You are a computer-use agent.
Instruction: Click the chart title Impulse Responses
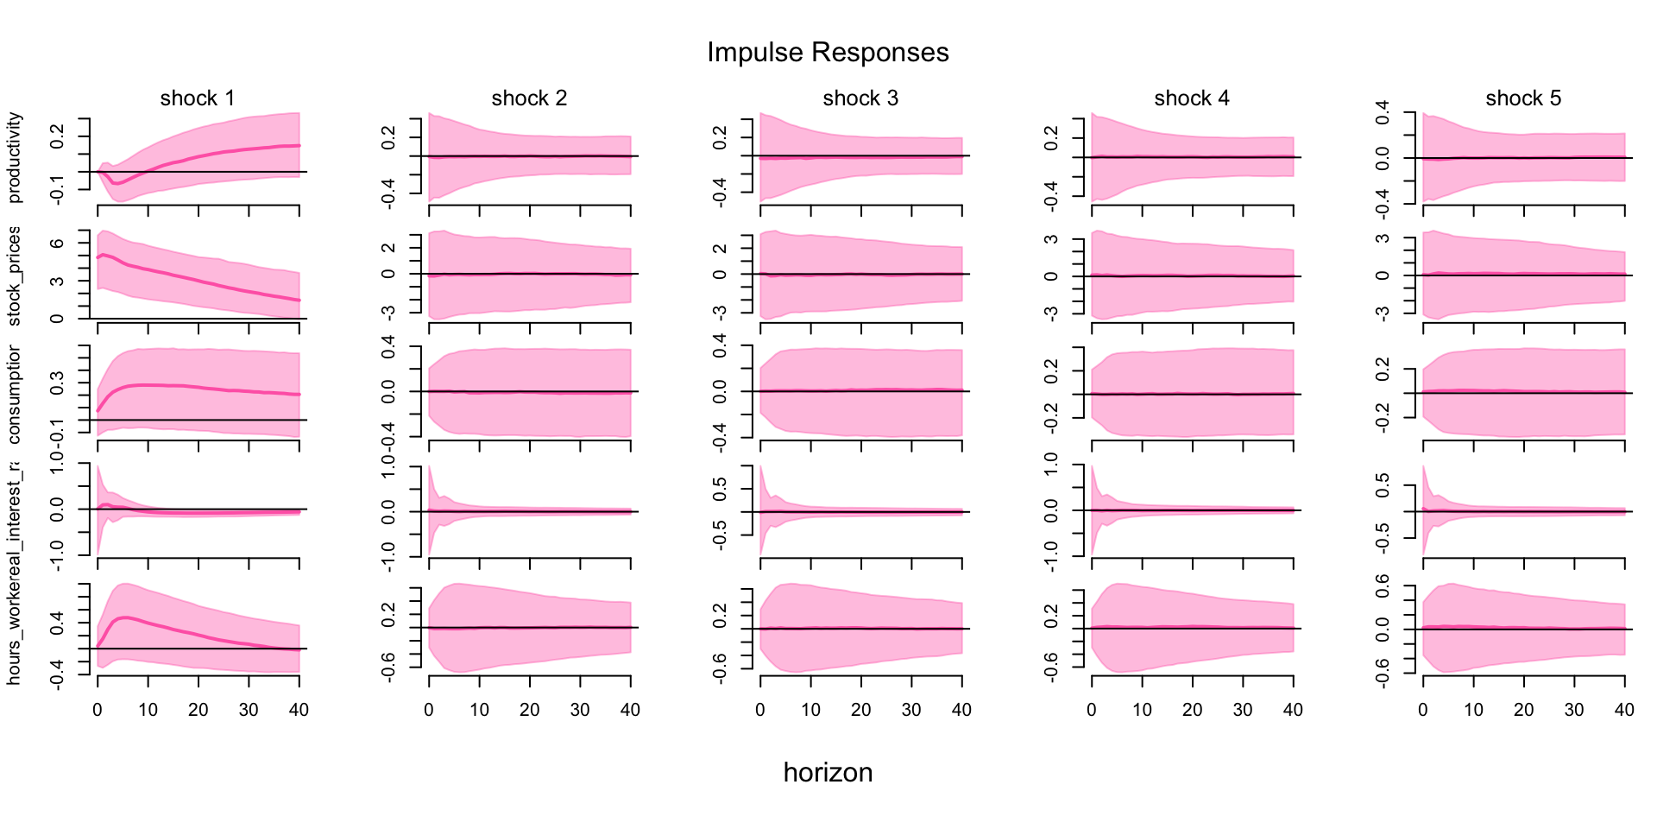tap(828, 53)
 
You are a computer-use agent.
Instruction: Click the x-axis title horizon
tap(828, 772)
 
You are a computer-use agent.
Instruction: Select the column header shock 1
tap(198, 98)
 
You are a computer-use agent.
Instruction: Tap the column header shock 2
tap(529, 98)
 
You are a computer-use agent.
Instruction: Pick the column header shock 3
tap(860, 98)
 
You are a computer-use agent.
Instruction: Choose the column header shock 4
tap(1192, 98)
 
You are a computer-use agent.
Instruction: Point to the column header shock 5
tap(1523, 98)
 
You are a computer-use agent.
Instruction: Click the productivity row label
tap(15, 158)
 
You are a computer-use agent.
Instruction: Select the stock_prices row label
tap(15, 276)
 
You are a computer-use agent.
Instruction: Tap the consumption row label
tap(15, 395)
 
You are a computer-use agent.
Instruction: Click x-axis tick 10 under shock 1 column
tap(148, 710)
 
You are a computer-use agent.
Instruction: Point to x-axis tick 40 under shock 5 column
tap(1624, 710)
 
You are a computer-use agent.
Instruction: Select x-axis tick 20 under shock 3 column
tap(861, 710)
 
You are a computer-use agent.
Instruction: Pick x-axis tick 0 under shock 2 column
tap(429, 710)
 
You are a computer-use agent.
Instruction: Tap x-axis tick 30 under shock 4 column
tap(1243, 710)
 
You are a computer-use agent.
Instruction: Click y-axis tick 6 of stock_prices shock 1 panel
tap(58, 244)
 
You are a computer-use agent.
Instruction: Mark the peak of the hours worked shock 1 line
tap(126, 617)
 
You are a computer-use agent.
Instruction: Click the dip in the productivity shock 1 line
tap(116, 183)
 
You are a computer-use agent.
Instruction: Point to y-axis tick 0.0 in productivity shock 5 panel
tap(1383, 158)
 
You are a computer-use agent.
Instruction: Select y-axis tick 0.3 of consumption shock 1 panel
tap(58, 383)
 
